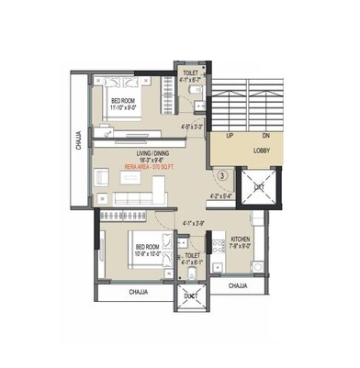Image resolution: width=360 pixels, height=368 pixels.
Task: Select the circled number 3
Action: click(222, 174)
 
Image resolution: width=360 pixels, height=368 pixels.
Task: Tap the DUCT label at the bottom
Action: click(190, 296)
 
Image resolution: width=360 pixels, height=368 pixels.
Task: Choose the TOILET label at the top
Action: click(190, 71)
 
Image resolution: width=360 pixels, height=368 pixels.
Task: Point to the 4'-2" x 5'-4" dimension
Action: click(221, 195)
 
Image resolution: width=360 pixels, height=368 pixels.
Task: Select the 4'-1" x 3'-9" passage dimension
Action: click(193, 222)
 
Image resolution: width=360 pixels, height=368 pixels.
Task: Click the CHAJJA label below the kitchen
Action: click(239, 286)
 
